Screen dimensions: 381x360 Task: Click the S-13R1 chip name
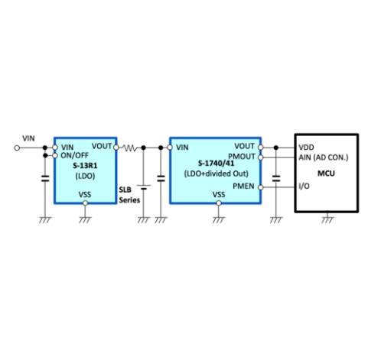pos(85,166)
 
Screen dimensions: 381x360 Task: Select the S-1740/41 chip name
pos(216,163)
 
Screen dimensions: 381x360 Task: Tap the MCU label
pos(326,174)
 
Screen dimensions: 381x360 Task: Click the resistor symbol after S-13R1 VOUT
pos(130,148)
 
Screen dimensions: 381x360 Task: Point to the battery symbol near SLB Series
pos(144,187)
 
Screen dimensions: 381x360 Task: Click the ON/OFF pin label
pos(74,155)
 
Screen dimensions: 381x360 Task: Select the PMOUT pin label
pos(242,157)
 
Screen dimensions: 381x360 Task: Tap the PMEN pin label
pos(243,186)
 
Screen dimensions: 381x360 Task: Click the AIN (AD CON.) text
pos(323,157)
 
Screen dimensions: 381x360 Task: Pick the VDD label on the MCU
pos(306,148)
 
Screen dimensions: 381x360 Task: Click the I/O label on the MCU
pos(304,186)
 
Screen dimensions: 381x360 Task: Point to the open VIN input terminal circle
pos(17,148)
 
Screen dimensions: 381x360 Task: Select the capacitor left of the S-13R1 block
pos(45,178)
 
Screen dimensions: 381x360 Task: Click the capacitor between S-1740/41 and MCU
pos(276,178)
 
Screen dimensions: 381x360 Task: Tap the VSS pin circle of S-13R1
pos(85,203)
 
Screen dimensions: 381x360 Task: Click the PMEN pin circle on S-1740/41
pos(260,187)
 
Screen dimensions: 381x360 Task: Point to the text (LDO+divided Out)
pos(216,174)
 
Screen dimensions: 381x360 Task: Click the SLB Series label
pos(129,195)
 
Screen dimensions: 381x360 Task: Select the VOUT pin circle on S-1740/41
pos(260,148)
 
